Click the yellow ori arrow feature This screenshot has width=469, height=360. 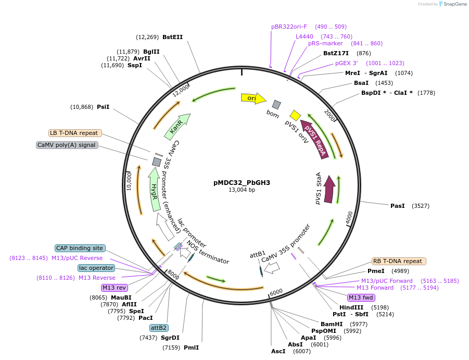253,98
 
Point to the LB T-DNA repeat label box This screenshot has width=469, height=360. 75,133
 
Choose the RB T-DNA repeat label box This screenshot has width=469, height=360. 398,261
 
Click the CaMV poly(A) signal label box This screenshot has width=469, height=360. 67,145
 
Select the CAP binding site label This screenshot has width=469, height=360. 80,248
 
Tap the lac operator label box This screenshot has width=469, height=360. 96,268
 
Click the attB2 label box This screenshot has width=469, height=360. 158,328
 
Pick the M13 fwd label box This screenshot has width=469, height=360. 361,297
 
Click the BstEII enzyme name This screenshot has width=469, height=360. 172,37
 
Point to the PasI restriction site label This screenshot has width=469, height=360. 398,206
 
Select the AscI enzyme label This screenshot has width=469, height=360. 278,351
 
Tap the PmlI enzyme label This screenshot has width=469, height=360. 191,347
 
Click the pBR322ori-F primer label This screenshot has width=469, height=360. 289,27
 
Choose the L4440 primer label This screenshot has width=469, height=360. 305,36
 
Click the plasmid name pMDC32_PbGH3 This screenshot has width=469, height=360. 242,182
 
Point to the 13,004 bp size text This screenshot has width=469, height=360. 242,190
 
